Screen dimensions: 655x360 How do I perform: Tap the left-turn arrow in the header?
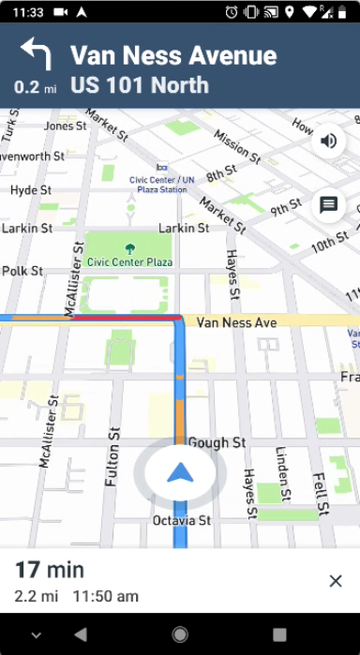[35, 54]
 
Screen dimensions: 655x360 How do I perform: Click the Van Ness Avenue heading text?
[173, 55]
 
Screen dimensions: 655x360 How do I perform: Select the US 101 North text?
[139, 86]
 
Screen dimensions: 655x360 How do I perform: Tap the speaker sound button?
[329, 141]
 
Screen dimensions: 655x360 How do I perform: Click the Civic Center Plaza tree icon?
[130, 249]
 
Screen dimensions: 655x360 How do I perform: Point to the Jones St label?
[65, 126]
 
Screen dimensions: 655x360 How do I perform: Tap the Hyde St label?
[30, 190]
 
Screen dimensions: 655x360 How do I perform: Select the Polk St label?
[22, 271]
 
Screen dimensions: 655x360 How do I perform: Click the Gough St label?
[217, 442]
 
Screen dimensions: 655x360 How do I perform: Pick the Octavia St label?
[181, 520]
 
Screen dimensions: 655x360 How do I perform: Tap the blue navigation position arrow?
[179, 473]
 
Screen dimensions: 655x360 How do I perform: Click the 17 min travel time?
[49, 570]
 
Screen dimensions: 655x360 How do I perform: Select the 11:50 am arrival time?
[105, 596]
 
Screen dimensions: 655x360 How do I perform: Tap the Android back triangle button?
[80, 634]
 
